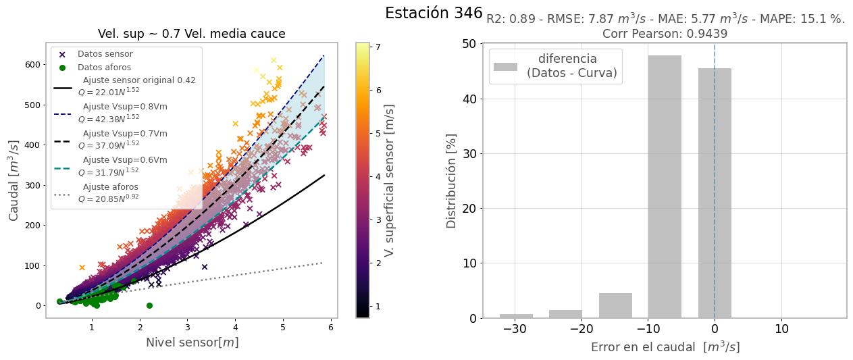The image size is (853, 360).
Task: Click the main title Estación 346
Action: (434, 14)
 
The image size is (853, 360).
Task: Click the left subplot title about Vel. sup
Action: (191, 34)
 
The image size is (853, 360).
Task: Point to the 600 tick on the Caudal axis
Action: (30, 65)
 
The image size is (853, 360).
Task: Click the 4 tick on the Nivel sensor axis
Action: (236, 328)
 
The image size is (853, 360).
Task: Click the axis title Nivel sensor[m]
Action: (191, 342)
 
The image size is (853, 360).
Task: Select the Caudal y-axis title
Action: (14, 180)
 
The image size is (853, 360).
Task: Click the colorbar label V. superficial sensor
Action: (389, 180)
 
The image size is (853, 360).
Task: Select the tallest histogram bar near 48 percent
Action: (665, 186)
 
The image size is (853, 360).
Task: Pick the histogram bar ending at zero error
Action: (715, 192)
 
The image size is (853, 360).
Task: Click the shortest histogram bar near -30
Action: (516, 315)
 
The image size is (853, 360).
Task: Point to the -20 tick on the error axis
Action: (581, 329)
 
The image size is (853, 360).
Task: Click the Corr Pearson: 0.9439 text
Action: (665, 34)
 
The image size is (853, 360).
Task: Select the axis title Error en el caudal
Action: (665, 347)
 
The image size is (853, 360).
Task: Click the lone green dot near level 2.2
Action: (149, 305)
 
